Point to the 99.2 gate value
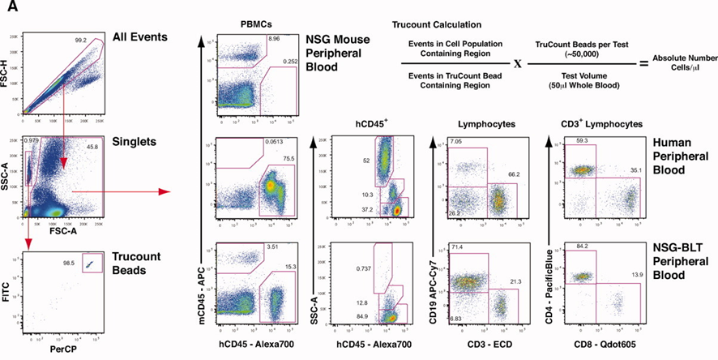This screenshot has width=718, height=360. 79,39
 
